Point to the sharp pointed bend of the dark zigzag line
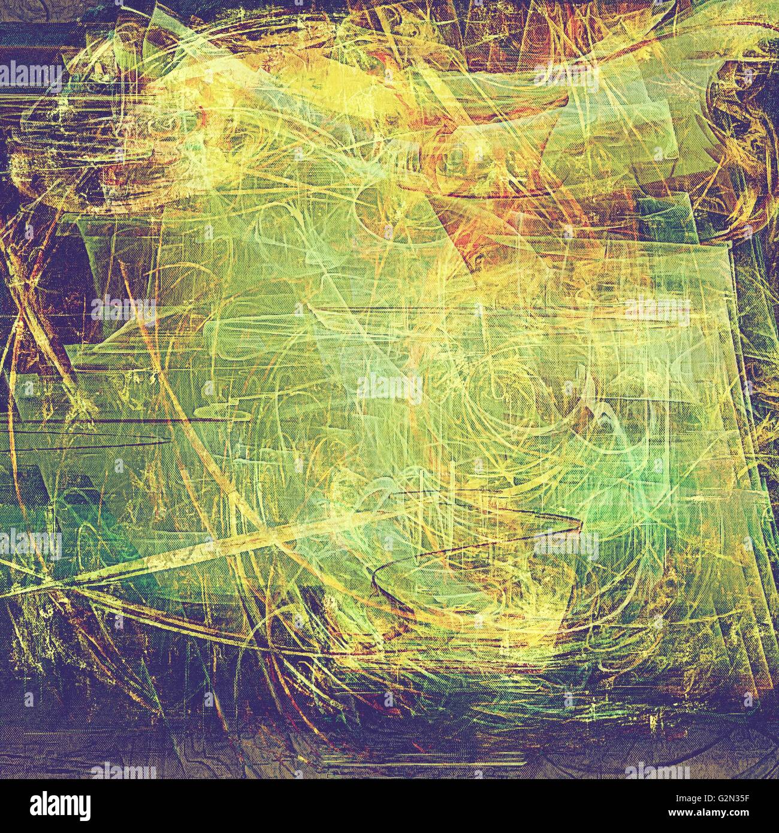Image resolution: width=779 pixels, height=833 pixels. pos(581,527)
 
